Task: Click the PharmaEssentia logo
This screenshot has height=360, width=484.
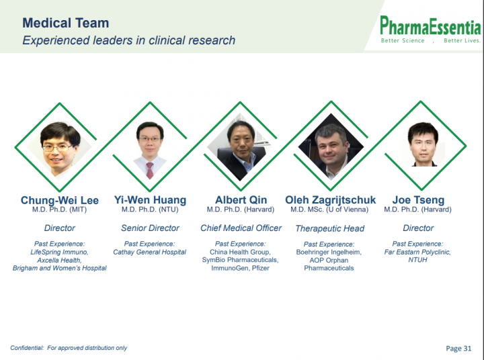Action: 430,30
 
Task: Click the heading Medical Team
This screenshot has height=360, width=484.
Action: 66,23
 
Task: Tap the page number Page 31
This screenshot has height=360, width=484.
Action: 458,349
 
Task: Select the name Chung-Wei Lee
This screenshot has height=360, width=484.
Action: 60,200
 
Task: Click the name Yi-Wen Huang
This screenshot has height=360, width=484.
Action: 150,200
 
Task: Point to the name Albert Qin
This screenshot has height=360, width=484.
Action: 241,200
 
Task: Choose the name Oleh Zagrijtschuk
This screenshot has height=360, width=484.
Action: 330,200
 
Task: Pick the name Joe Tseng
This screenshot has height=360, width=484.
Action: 418,200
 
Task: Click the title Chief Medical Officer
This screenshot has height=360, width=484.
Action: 241,228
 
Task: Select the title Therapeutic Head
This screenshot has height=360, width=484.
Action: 329,228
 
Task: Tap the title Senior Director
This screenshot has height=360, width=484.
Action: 150,228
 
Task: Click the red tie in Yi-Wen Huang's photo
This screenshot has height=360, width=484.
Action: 150,171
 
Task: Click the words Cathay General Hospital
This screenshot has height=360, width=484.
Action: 149,252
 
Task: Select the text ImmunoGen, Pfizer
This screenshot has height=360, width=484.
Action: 240,268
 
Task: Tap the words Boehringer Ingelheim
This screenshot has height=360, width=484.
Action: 329,252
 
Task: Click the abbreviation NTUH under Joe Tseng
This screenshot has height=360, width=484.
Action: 417,260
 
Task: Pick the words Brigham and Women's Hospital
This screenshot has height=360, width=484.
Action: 59,268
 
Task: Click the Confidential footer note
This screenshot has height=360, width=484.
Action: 69,348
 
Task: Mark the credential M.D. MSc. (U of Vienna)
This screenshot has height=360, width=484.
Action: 329,210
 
